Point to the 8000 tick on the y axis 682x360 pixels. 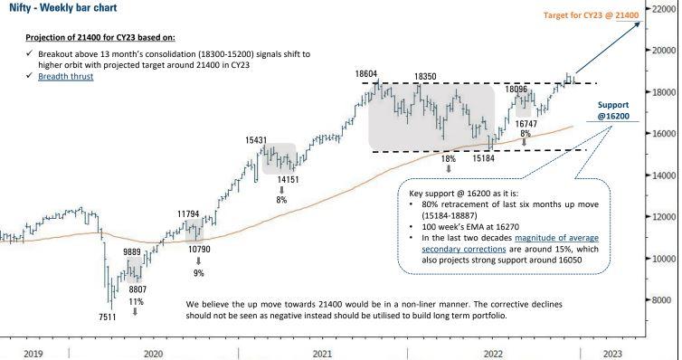[662, 300]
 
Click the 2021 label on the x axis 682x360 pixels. [322, 353]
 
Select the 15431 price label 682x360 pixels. [256, 140]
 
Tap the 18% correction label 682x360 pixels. [448, 158]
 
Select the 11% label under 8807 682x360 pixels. [137, 300]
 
